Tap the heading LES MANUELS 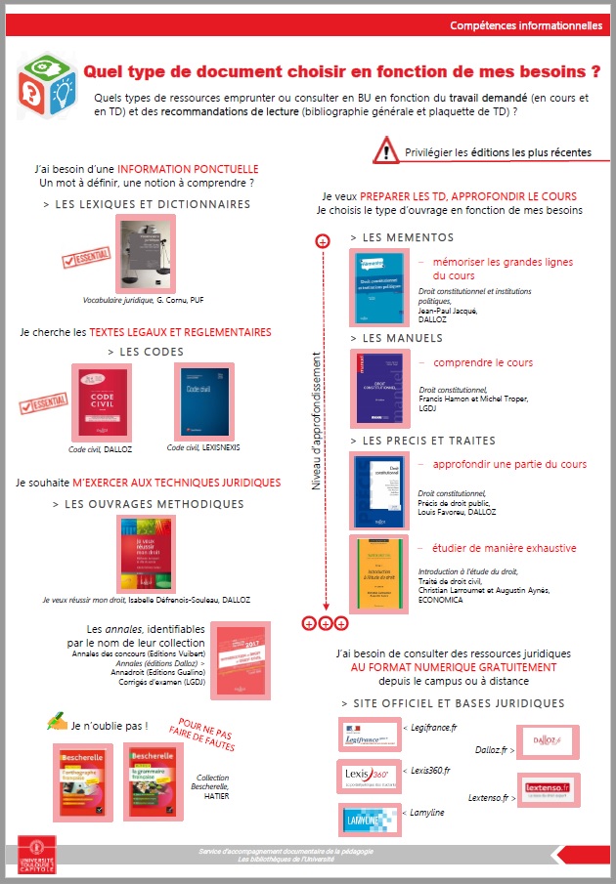(x=402, y=338)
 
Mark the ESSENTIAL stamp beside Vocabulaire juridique (x=85, y=258)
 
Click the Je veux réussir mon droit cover (x=146, y=552)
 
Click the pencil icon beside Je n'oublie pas (x=57, y=723)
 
